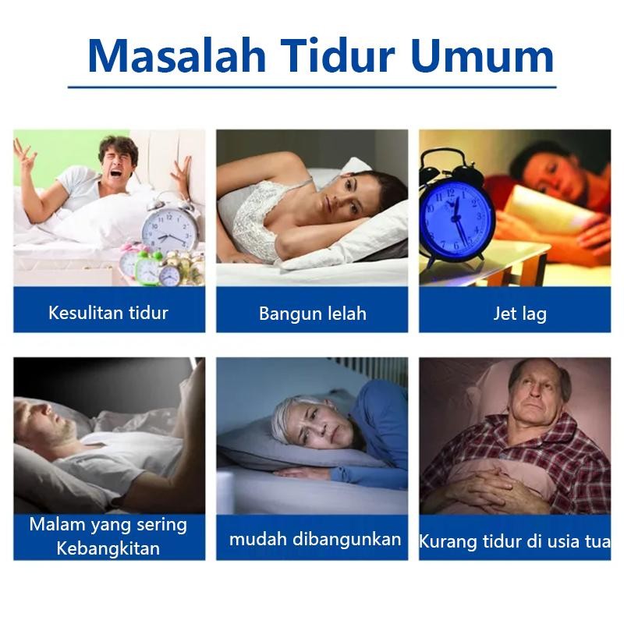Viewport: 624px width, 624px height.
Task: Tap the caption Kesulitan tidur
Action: coord(108,314)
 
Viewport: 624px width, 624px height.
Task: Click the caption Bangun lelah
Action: coord(312,314)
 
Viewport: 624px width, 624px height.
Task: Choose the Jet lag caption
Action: coord(519,314)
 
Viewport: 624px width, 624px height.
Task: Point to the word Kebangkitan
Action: coord(108,548)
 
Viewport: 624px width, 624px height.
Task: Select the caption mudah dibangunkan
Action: coord(315,538)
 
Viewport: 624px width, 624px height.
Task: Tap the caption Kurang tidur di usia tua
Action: coord(515,541)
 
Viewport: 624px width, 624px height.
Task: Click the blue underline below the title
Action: coord(312,87)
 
